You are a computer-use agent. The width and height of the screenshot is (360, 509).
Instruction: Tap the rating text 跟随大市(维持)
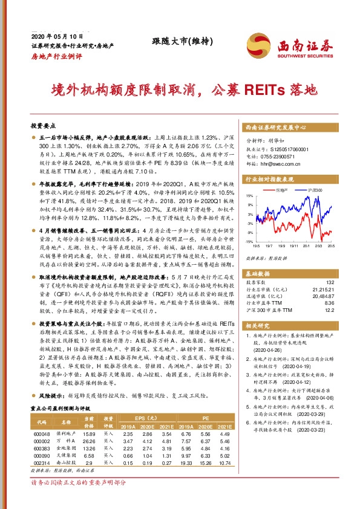[177, 41]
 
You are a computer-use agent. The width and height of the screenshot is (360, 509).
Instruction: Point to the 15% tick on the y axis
[249, 195]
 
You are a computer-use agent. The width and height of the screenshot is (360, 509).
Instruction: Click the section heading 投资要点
[42, 126]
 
